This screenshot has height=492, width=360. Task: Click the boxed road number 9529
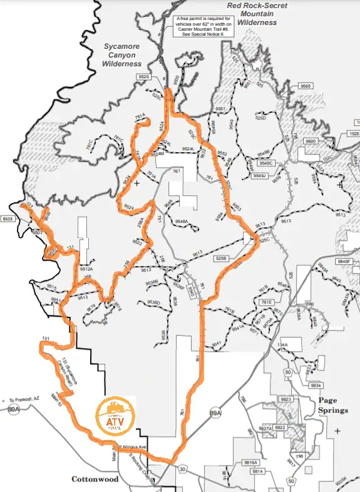pos(145,76)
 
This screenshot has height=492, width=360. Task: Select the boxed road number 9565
pos(306,85)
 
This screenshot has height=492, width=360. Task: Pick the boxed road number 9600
pos(311,141)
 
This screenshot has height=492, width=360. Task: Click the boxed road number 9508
pos(8,219)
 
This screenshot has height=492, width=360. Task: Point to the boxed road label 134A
pos(282,346)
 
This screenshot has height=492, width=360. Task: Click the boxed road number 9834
pos(316,385)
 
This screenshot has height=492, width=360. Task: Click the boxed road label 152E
pos(354,134)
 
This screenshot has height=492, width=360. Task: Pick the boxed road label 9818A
pos(251,462)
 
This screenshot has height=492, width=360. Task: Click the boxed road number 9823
pos(285,399)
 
